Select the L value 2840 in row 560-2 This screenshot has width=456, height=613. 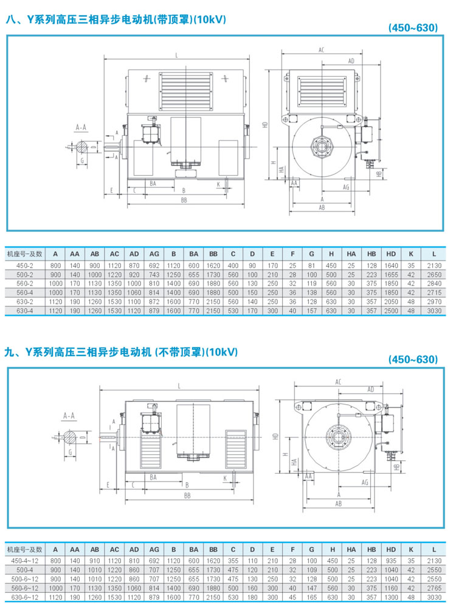click(433, 284)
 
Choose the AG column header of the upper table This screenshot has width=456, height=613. click(154, 253)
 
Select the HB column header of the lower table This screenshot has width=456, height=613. click(371, 548)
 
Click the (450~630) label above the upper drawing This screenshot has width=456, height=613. click(413, 28)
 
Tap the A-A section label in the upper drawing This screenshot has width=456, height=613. click(81, 127)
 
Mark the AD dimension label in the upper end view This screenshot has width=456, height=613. click(351, 61)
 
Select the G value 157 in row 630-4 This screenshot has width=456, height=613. click(312, 311)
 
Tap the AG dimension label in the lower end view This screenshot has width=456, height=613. click(365, 482)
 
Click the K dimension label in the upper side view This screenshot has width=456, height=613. click(218, 184)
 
